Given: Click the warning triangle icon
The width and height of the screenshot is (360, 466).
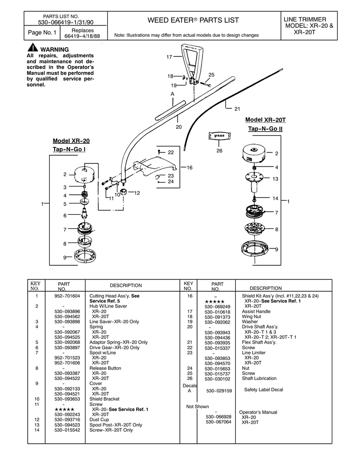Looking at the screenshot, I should click(33, 49).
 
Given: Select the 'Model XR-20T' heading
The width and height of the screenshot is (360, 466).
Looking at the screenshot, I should click(265, 120).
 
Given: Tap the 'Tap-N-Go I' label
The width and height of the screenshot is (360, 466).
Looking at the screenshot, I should click(71, 150).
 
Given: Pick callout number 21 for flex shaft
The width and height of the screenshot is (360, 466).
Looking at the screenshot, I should click(237, 109).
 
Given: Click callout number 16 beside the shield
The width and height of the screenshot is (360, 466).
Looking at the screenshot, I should click(189, 168).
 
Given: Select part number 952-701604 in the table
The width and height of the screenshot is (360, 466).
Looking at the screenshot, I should click(67, 296).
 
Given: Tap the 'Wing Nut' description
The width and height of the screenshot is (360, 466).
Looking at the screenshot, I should click(251, 317).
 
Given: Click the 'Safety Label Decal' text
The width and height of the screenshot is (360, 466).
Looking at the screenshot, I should click(264, 390).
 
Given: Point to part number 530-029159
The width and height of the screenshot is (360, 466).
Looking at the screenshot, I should click(219, 390).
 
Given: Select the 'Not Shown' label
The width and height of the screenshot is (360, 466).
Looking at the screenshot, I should click(198, 406).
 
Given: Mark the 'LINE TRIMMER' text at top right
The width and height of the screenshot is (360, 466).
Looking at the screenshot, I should click(305, 19).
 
